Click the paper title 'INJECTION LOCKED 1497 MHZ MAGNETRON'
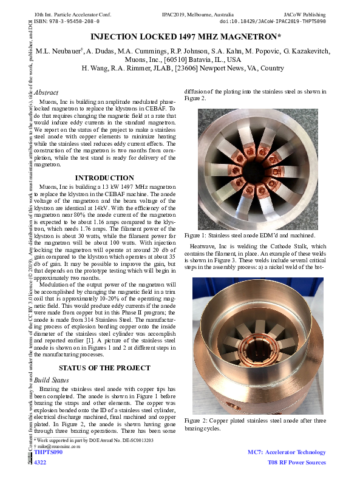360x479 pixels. click(x=180, y=38)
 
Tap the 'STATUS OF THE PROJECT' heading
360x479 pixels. click(x=104, y=368)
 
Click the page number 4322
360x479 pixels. click(x=40, y=463)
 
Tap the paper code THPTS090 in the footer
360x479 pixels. click(x=49, y=452)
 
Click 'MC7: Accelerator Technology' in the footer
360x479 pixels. click(x=287, y=452)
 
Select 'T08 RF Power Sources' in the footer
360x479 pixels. click(x=296, y=463)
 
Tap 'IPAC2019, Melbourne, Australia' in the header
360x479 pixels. click(x=195, y=12)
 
